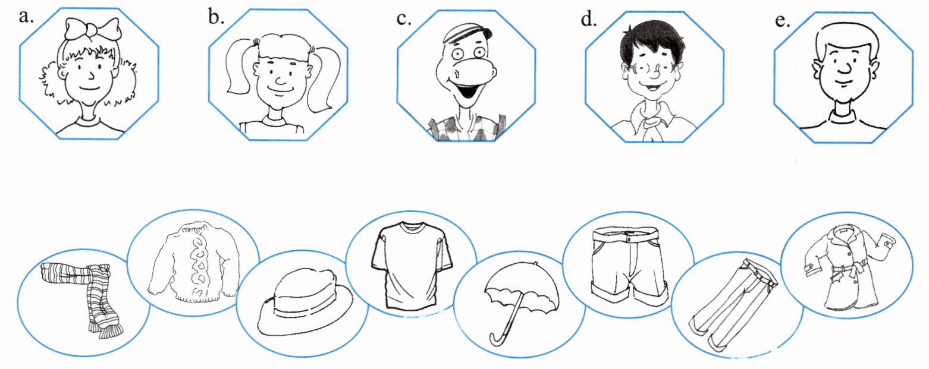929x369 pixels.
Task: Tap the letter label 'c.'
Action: (x=404, y=19)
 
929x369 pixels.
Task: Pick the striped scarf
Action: (x=83, y=297)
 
